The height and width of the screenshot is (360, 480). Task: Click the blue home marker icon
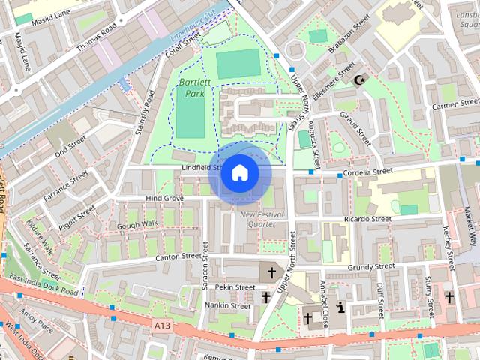[x=238, y=172]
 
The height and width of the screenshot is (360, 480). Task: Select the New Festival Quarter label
[x=262, y=219]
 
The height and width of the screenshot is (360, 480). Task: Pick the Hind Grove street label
[x=164, y=198]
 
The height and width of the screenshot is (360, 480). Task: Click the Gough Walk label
[x=137, y=223]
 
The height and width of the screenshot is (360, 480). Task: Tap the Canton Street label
[x=181, y=257]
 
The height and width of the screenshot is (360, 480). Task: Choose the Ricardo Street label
[x=367, y=219]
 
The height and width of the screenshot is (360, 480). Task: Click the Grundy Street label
[x=370, y=266]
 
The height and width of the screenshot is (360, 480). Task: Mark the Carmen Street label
[x=454, y=104]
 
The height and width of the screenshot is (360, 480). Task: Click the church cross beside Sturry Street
[x=448, y=298]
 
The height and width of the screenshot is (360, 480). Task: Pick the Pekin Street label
[x=235, y=286]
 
